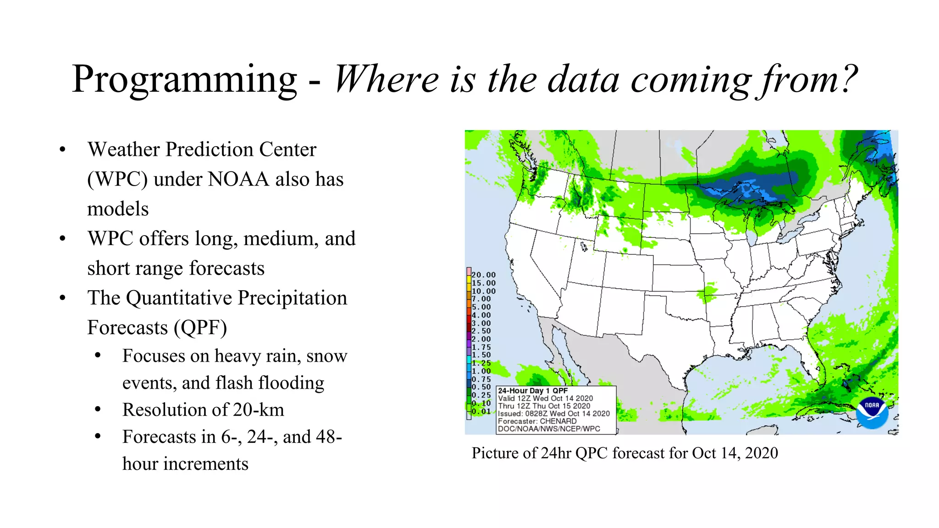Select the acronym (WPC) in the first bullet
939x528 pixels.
(117, 179)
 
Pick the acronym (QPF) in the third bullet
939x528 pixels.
(200, 328)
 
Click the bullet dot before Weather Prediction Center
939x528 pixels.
(63, 150)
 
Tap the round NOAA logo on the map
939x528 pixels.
(872, 412)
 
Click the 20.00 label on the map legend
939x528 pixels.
(484, 275)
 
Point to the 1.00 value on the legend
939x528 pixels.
(481, 371)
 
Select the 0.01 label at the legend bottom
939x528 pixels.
(481, 412)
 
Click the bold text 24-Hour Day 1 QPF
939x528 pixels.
(533, 391)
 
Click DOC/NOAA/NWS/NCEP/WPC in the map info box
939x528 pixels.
(549, 429)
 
